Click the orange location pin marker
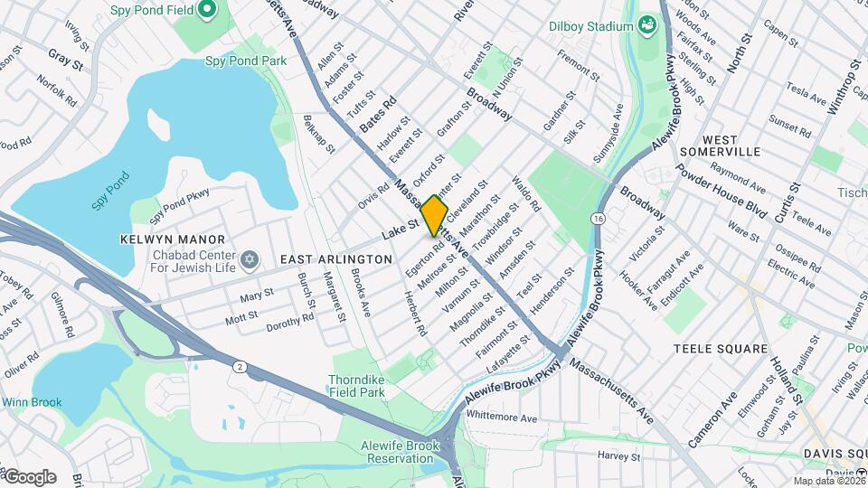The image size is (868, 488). tap(435, 216)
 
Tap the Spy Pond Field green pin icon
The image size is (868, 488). tap(206, 10)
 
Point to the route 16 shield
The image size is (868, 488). tap(599, 219)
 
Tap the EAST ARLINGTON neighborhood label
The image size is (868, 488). tap(335, 259)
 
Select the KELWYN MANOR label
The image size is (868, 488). tap(159, 239)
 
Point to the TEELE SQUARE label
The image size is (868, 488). tap(721, 348)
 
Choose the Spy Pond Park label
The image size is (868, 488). tap(245, 61)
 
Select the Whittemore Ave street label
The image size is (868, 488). tap(503, 418)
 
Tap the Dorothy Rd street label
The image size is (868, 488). tap(290, 322)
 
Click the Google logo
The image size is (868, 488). tap(29, 477)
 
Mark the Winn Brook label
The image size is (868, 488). tap(31, 403)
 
